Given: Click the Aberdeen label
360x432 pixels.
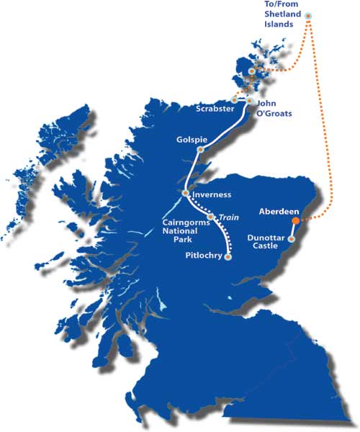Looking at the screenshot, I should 277,212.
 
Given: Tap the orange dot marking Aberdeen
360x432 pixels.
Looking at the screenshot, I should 296,221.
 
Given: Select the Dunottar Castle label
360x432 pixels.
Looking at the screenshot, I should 265,240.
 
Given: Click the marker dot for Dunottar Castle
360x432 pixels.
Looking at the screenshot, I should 292,239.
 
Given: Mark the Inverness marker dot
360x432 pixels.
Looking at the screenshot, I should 186,193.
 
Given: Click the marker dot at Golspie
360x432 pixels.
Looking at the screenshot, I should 201,150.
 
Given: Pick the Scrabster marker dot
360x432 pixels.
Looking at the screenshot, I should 235,99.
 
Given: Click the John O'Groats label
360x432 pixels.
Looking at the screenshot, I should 273,108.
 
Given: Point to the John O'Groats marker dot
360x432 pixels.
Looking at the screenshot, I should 249,101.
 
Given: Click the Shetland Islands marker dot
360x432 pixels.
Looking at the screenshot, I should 309,15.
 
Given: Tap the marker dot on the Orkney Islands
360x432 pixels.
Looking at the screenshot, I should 251,72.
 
